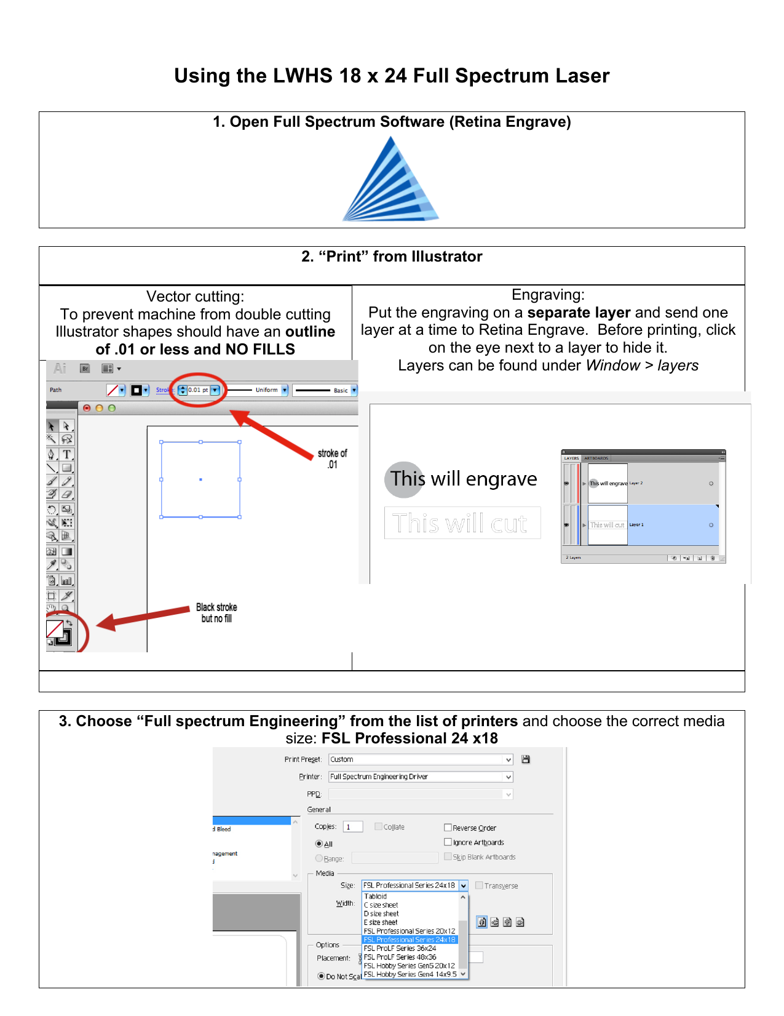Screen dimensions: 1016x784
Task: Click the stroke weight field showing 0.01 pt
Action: (x=197, y=390)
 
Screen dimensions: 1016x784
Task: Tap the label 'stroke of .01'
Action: (x=332, y=458)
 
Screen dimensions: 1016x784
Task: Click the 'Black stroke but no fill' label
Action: (x=216, y=612)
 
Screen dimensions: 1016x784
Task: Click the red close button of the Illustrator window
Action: (x=87, y=408)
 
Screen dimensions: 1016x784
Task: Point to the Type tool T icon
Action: (x=67, y=455)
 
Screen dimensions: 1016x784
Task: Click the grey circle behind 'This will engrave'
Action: (x=404, y=479)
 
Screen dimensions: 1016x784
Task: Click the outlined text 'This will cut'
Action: (x=461, y=524)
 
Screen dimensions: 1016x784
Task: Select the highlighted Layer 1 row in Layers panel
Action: (x=670, y=525)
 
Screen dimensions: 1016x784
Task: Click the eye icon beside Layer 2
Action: (x=566, y=484)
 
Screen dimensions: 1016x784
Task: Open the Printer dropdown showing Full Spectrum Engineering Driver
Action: (x=421, y=777)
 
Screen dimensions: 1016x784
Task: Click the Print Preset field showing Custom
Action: (x=421, y=759)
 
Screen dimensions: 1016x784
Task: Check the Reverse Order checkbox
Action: (x=448, y=828)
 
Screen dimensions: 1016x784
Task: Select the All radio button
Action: (x=319, y=844)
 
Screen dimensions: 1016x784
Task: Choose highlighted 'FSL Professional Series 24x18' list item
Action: (x=410, y=940)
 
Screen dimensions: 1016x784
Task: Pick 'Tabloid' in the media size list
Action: (x=376, y=897)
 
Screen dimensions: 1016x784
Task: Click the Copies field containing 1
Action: (x=353, y=826)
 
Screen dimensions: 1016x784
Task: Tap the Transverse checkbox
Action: (x=479, y=886)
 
